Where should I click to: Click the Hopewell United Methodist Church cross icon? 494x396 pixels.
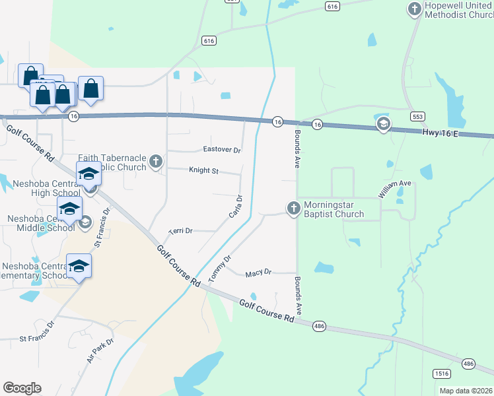click(x=414, y=9)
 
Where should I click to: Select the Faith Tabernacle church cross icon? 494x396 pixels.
click(x=155, y=162)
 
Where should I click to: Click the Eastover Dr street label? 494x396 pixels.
click(x=222, y=150)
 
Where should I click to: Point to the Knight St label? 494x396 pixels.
click(x=203, y=170)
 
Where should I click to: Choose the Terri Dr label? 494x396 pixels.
click(x=180, y=231)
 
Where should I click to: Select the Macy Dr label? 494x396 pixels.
click(x=258, y=273)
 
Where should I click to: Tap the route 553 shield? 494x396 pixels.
click(x=417, y=115)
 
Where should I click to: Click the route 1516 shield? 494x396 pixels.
click(x=442, y=374)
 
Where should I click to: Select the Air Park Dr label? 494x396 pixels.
click(x=100, y=352)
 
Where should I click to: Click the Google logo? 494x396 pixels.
click(x=22, y=388)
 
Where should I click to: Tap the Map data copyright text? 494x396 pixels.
click(x=465, y=391)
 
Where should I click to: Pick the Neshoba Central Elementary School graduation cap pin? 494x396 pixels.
click(x=79, y=266)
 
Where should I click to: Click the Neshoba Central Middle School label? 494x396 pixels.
click(x=41, y=223)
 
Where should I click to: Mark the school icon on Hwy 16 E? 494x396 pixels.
click(x=383, y=124)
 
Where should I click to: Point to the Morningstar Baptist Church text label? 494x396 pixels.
click(x=334, y=209)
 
